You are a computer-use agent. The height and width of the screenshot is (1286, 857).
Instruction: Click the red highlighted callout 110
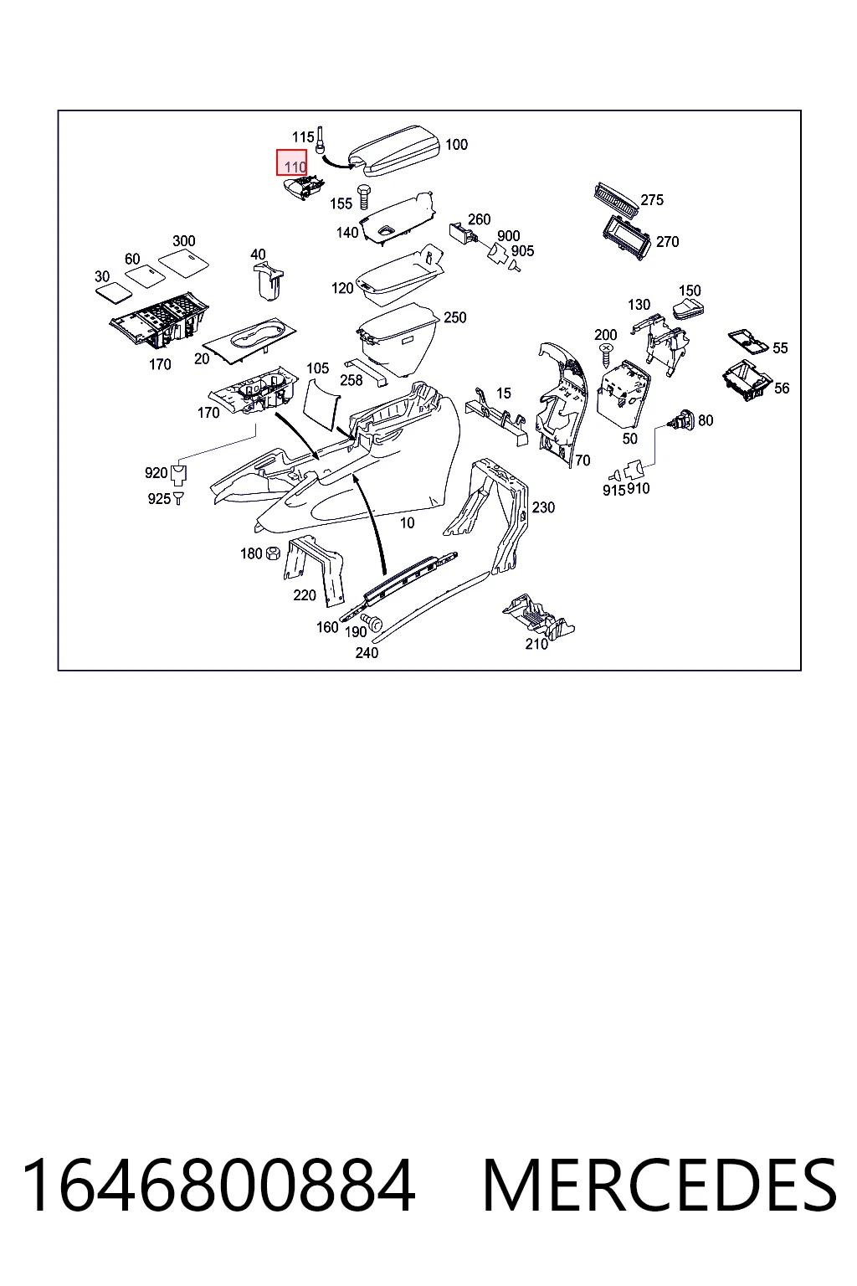point(291,162)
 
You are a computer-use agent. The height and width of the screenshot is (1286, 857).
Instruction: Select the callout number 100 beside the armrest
point(456,145)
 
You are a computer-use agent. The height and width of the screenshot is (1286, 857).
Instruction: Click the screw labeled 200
point(605,355)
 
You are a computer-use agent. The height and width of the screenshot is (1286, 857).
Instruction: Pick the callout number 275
point(652,200)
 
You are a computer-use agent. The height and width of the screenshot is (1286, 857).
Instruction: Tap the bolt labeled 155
point(363,197)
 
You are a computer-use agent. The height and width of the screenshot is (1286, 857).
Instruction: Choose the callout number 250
point(454,317)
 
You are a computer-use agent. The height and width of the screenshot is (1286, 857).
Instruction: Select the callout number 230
point(543,507)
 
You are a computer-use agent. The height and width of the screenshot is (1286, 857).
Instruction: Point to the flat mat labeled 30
point(114,292)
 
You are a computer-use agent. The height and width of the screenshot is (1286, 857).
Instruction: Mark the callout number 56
point(782,388)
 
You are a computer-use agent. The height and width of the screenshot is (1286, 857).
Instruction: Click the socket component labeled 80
point(684,420)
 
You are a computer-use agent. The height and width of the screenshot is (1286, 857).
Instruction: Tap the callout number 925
point(159,499)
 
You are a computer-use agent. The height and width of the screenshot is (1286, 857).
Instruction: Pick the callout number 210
point(536,644)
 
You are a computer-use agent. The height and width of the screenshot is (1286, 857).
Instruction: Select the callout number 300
point(183,241)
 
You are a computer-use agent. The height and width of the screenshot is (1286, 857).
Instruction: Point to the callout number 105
point(317,368)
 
